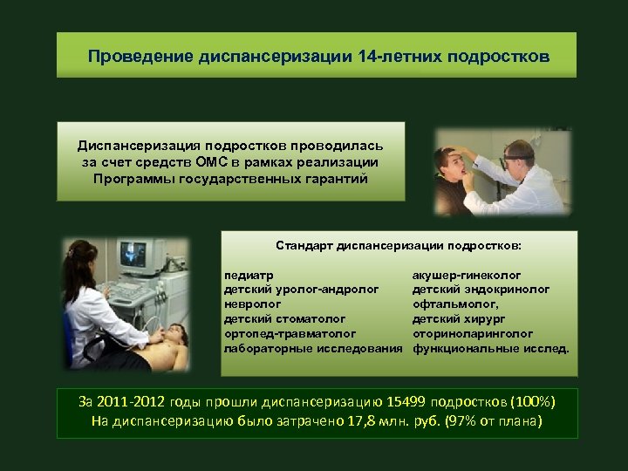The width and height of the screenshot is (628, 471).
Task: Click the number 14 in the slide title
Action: pos(365,57)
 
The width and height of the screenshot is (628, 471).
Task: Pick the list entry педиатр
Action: pos(249,276)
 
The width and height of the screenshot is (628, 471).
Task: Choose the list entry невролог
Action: pos(253,304)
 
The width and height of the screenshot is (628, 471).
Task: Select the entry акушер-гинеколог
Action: pos(467,276)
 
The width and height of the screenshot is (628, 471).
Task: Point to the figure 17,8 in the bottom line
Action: pos(360,422)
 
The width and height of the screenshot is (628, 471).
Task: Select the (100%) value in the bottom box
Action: pos(525,402)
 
